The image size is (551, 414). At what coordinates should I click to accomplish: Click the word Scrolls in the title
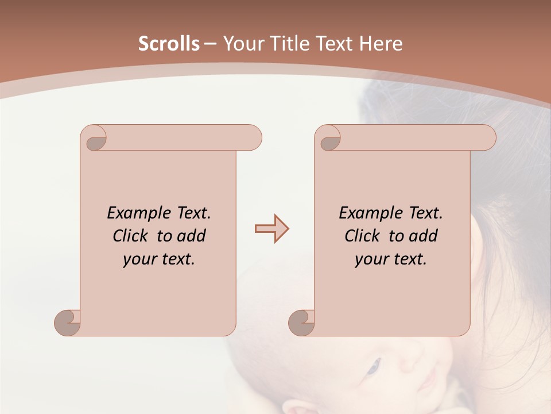[169, 44]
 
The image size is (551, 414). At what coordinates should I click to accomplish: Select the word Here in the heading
[381, 44]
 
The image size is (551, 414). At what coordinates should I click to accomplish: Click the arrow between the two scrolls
[271, 228]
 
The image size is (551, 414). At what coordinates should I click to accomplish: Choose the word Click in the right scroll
[362, 236]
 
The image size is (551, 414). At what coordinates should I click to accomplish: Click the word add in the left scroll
[192, 236]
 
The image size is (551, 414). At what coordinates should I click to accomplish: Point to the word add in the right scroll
[424, 236]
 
